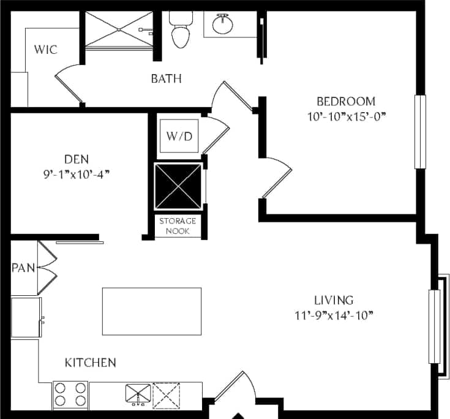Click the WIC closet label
point(46,49)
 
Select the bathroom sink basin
point(222,25)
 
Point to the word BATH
point(167,78)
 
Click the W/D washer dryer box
point(179,135)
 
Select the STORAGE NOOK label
point(178,226)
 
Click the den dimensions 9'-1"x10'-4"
point(77,174)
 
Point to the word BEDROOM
point(345,101)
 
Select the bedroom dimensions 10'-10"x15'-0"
point(345,115)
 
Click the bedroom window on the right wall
point(420,132)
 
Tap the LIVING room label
point(334,300)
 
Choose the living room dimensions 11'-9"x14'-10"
point(334,315)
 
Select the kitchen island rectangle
point(152,311)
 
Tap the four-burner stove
point(70,395)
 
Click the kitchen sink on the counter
point(138,394)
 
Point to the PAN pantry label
point(23,267)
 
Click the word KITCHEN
point(91,363)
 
